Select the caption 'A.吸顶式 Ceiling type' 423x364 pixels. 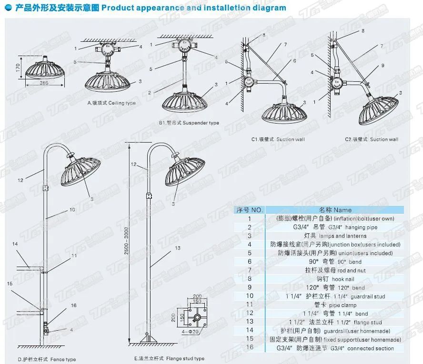click(x=111, y=103)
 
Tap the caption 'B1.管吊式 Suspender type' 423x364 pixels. click(x=189, y=123)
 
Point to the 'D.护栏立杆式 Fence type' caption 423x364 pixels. click(x=46, y=359)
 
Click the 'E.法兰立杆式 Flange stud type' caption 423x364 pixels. click(x=169, y=358)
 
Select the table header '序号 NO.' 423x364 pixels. click(x=250, y=210)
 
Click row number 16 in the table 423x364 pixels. click(x=249, y=348)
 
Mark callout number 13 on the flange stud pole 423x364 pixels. click(x=178, y=248)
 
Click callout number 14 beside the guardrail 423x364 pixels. click(x=15, y=244)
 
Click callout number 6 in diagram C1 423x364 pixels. click(x=294, y=61)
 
